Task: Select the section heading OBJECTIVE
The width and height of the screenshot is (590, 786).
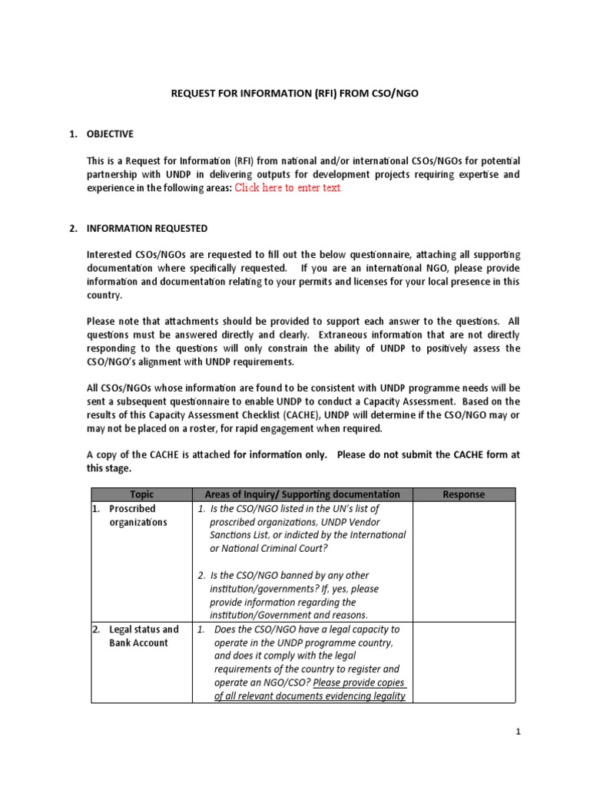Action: tap(110, 134)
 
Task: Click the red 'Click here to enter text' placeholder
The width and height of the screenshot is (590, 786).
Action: tap(288, 188)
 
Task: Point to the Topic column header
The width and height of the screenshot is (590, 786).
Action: tap(141, 494)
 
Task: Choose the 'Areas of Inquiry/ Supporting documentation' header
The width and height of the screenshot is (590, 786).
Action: tap(302, 494)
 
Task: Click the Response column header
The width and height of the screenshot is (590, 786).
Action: tap(464, 494)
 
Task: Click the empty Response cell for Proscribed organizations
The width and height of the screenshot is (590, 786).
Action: tap(464, 561)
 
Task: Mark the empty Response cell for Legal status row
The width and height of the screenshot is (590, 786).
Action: tap(464, 662)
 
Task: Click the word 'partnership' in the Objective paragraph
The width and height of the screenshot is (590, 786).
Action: tap(114, 174)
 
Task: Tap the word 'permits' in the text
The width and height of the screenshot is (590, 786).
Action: tap(330, 282)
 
